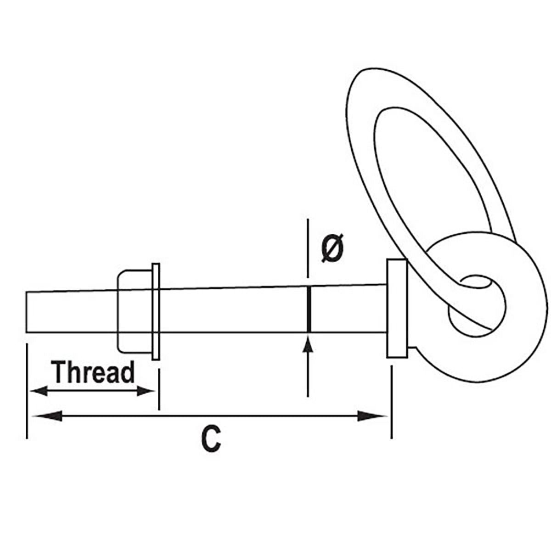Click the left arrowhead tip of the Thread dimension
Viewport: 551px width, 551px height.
(29, 391)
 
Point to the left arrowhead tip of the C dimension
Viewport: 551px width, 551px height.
(32, 416)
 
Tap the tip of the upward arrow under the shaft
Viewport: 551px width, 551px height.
(308, 337)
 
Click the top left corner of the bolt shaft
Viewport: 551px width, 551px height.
(26, 292)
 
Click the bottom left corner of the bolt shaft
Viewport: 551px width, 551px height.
(26, 332)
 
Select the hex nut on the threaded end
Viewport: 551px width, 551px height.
(135, 311)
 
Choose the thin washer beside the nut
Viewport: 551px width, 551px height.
(156, 311)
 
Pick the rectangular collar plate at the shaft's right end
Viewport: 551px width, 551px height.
(397, 309)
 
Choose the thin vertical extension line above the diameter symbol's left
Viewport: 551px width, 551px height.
(308, 248)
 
